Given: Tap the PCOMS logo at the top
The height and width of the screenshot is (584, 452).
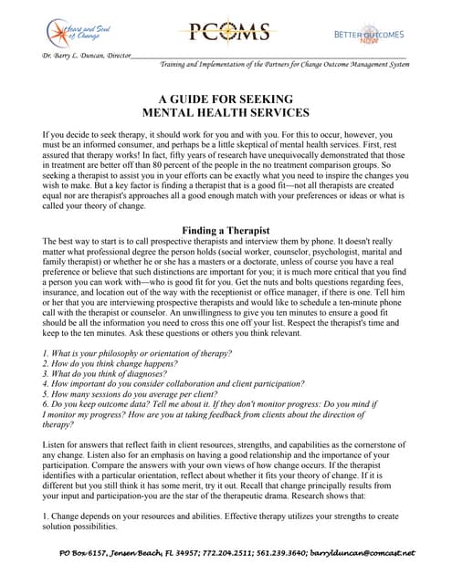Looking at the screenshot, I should pos(224,34).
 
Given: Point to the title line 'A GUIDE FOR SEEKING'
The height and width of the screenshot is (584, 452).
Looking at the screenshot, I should pos(226,99).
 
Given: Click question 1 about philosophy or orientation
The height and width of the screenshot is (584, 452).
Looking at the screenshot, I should pos(137,378).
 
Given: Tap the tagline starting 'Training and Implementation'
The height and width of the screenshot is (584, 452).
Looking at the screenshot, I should pos(283,65).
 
